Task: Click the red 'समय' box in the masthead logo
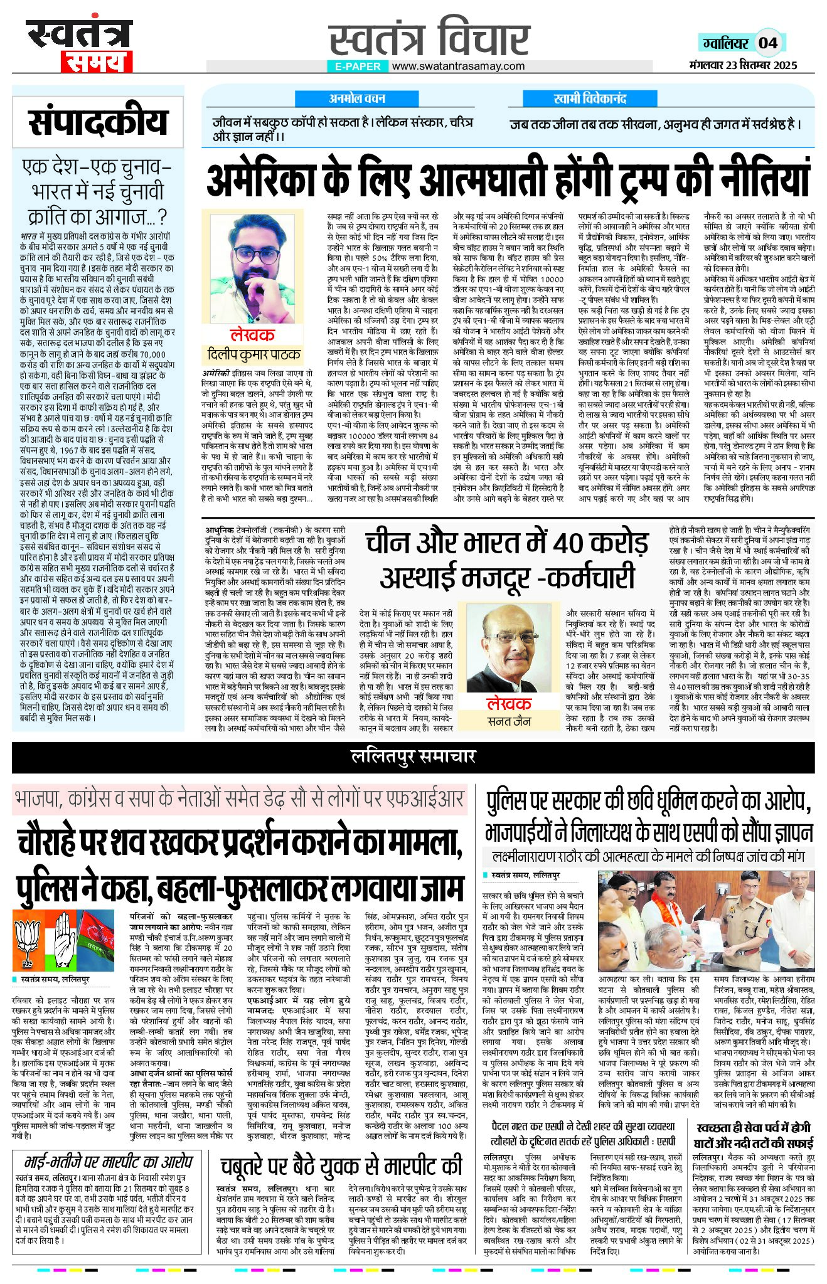coord(97,61)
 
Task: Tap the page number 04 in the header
coord(768,43)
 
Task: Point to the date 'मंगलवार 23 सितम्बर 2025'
coord(743,65)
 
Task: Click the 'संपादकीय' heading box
coord(98,122)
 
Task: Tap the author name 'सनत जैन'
coord(509,721)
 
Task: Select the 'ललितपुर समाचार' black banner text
coord(413,756)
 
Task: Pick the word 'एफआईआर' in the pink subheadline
coord(431,799)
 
